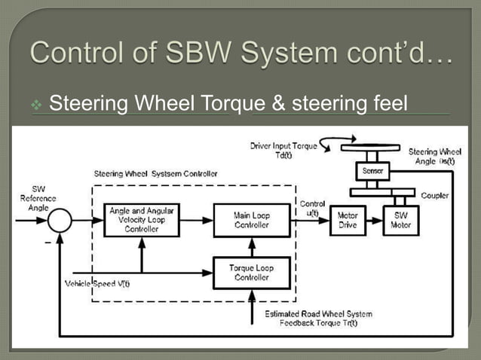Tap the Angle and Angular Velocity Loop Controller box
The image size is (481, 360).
point(141,219)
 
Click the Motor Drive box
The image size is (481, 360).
point(348,219)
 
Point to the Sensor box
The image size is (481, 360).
point(372,172)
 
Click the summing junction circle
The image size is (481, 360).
point(60,220)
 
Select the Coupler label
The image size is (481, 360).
point(435,195)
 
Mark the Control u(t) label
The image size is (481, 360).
point(313,208)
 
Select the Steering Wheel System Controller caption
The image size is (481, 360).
point(155,173)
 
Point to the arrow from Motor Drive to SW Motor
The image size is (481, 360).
point(374,220)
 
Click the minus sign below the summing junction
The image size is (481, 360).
point(47,243)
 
